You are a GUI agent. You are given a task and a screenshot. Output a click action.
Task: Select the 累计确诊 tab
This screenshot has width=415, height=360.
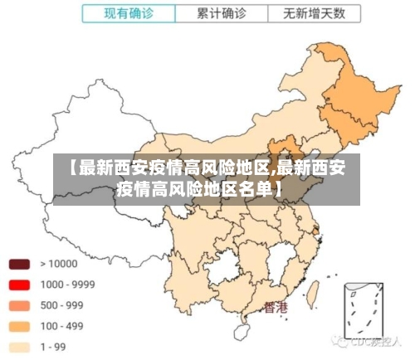click(222, 13)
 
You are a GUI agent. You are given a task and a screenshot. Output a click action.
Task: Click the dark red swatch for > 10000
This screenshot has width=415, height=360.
click(19, 265)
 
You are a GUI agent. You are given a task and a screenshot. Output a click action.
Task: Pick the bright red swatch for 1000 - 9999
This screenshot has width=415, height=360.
click(19, 285)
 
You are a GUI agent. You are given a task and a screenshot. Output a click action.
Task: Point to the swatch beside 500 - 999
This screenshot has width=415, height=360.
click(19, 305)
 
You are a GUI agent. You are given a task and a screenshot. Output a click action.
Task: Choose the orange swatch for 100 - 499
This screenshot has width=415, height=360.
click(19, 326)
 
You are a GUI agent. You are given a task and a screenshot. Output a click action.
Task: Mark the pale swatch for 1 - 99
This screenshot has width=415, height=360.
click(19, 347)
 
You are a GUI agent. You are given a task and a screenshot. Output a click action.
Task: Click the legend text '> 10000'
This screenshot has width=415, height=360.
click(58, 265)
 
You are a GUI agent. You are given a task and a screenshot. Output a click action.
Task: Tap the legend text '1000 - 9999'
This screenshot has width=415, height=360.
click(67, 285)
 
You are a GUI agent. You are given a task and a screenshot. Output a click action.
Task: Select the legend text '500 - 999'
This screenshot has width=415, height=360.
click(62, 305)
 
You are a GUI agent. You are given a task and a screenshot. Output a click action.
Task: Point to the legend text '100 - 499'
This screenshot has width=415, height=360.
click(62, 326)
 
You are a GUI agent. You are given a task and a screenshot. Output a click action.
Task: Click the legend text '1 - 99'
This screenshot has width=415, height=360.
click(55, 347)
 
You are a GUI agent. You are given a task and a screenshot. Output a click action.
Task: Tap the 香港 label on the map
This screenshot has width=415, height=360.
click(276, 308)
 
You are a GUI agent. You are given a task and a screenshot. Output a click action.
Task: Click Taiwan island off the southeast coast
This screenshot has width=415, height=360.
click(313, 292)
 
